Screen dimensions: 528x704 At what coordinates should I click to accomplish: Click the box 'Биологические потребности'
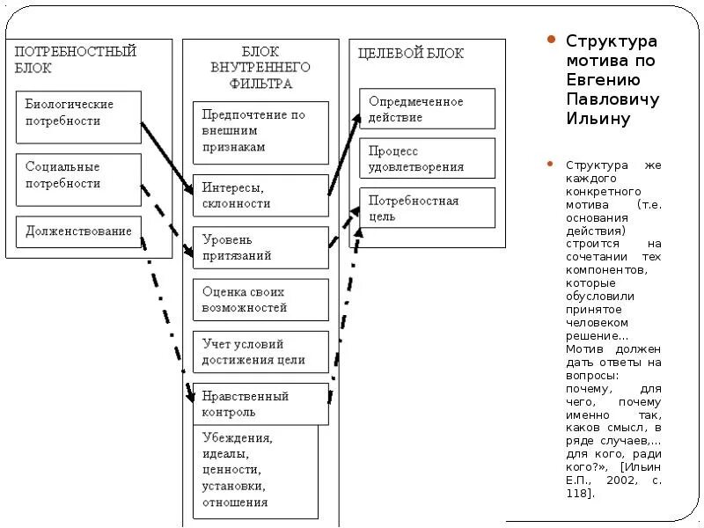[78, 116]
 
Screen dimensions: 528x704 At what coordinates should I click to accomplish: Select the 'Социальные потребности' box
[78, 180]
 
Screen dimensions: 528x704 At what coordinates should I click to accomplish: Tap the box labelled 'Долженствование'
[78, 231]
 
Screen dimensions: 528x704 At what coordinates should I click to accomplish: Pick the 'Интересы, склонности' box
[260, 196]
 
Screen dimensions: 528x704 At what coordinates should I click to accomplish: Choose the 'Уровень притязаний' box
[260, 248]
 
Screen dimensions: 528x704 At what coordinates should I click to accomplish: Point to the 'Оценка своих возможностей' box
[260, 300]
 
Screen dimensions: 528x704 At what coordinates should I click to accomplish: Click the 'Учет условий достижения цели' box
[260, 352]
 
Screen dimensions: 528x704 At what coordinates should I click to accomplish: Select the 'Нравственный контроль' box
[260, 404]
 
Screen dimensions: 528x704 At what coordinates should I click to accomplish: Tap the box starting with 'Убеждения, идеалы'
[255, 471]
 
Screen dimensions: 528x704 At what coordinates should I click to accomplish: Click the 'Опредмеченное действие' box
[427, 110]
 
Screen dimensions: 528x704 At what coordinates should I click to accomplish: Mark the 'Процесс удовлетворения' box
[427, 159]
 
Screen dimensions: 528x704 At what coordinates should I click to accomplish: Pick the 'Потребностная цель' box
[427, 209]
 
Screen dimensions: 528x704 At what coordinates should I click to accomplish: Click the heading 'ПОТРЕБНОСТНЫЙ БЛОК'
[76, 59]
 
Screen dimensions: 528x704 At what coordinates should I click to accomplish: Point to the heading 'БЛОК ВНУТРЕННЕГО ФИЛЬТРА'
[260, 69]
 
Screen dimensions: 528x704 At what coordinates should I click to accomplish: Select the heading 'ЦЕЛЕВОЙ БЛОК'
[410, 53]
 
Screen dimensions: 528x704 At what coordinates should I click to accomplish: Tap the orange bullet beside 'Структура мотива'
[552, 40]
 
